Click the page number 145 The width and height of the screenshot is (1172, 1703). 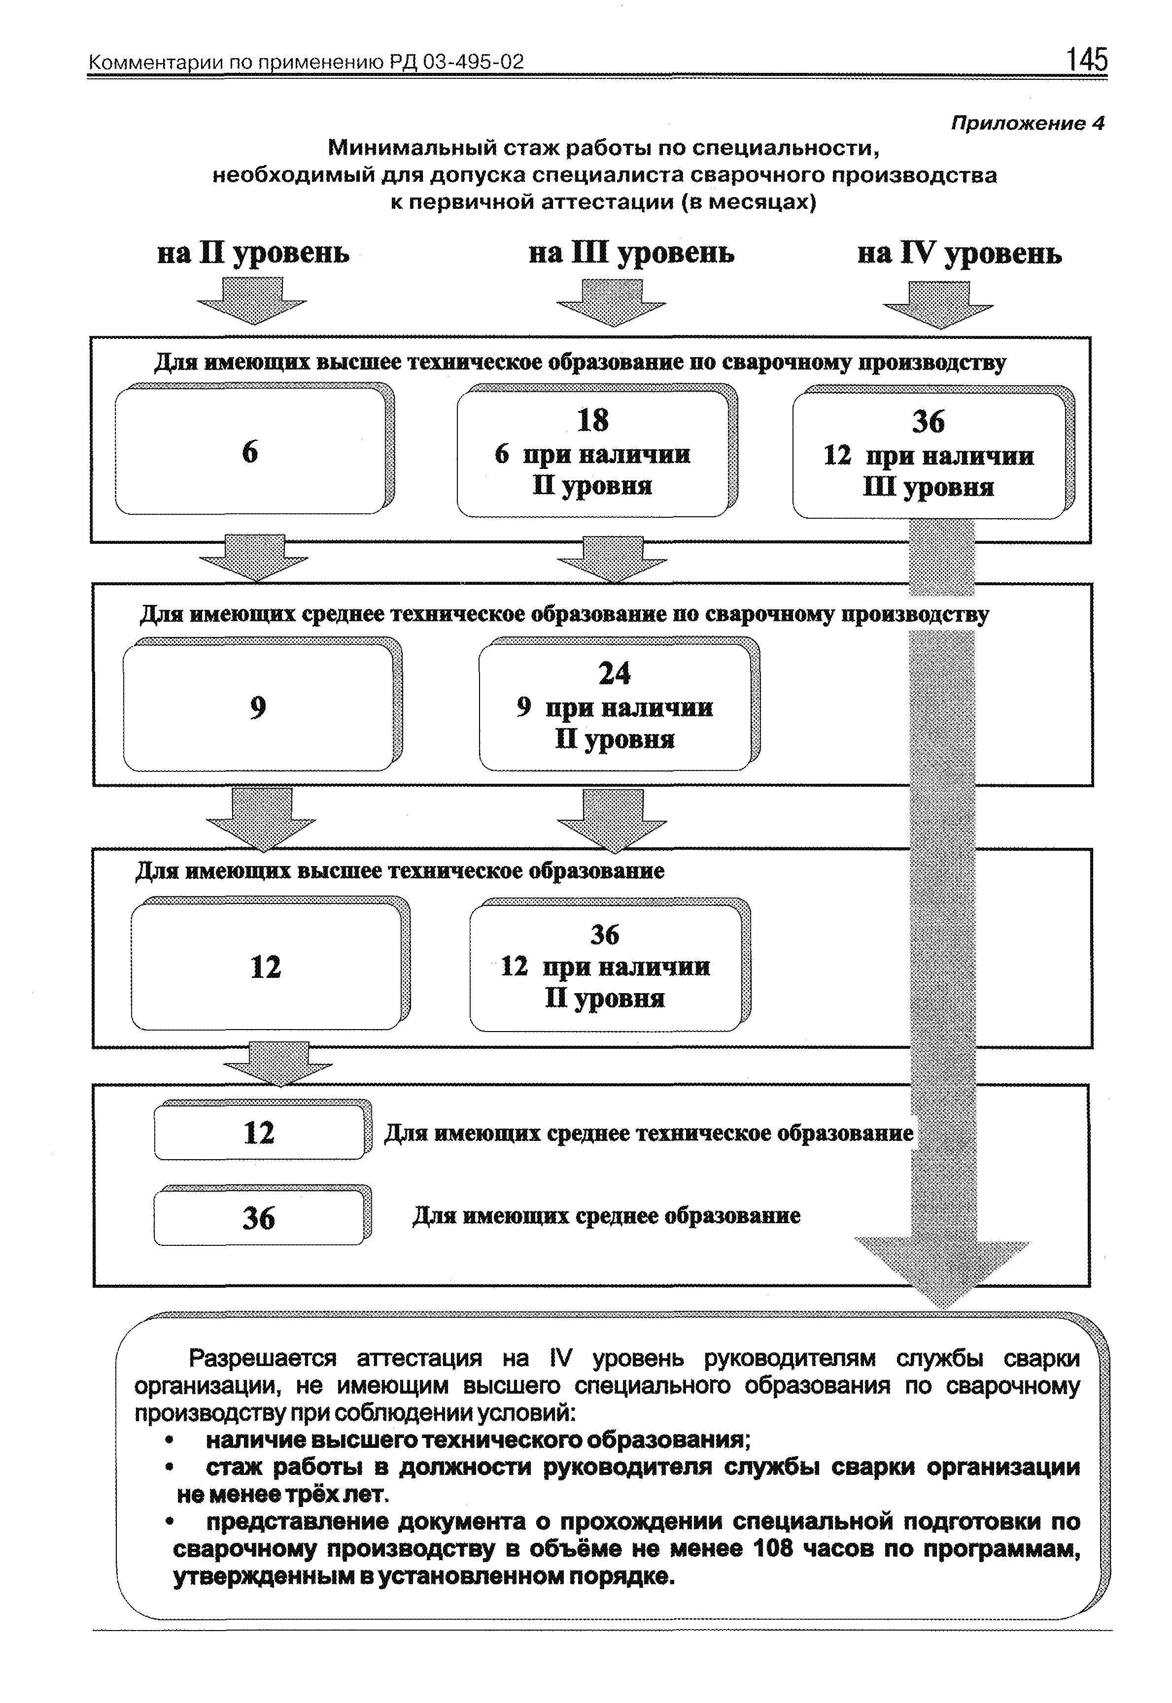coord(1086,59)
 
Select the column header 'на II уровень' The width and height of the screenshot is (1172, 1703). coord(253,254)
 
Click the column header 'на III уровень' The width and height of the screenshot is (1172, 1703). coord(631,254)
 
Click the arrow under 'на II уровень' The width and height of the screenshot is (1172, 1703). coord(251,301)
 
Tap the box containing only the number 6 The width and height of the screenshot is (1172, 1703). coord(253,450)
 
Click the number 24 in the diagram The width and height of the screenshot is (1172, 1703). coord(615,673)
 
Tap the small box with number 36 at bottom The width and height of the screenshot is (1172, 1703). coord(262,1218)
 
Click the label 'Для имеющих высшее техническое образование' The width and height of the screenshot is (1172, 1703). coord(400,870)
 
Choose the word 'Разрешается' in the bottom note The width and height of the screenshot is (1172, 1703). coord(262,1359)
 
